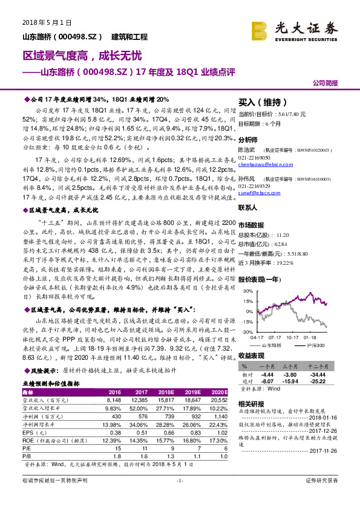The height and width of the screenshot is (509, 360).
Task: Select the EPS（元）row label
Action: tap(34, 433)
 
